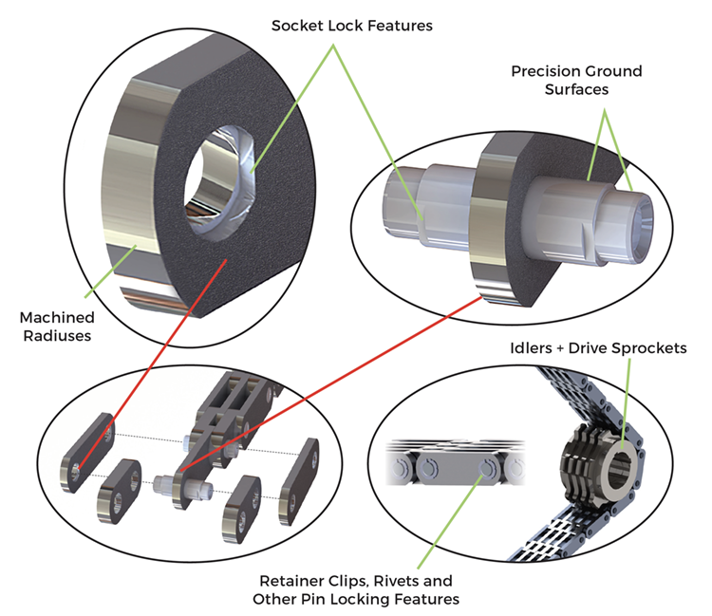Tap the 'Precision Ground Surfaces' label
click(x=576, y=80)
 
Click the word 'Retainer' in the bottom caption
click(x=290, y=580)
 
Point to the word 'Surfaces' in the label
click(x=576, y=90)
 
